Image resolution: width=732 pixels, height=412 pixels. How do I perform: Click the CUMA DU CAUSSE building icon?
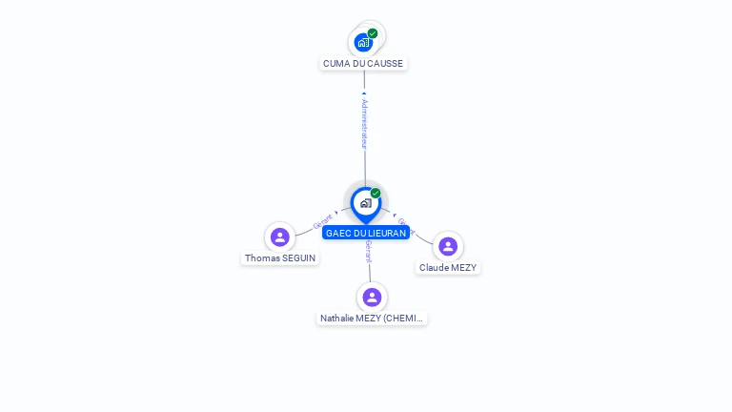[x=363, y=42]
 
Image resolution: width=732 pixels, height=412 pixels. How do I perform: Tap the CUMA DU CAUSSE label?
[x=363, y=64]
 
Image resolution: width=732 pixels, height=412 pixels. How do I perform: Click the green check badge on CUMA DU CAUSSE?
[x=373, y=33]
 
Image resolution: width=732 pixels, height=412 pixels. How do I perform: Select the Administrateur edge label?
[x=364, y=124]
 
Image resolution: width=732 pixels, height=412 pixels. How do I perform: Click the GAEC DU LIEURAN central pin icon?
[x=365, y=203]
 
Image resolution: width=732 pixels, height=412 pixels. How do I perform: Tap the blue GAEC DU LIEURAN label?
[x=366, y=233]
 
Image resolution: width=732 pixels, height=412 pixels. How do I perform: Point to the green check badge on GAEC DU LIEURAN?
[x=376, y=194]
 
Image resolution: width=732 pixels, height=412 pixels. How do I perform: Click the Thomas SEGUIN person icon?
[x=280, y=237]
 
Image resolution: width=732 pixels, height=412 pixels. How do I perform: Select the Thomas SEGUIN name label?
[x=280, y=258]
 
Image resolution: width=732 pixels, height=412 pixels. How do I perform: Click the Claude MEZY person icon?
[x=448, y=246]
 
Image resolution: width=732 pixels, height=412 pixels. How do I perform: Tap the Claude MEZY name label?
[x=448, y=268]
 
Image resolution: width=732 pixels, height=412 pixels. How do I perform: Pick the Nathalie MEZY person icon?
[x=372, y=297]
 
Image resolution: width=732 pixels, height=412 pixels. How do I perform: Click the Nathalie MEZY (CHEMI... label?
[x=373, y=319]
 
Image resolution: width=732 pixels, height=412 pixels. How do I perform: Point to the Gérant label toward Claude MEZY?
[x=405, y=225]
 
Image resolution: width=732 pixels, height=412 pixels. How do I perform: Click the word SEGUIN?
[x=299, y=258]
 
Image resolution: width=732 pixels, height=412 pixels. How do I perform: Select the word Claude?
[x=435, y=268]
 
